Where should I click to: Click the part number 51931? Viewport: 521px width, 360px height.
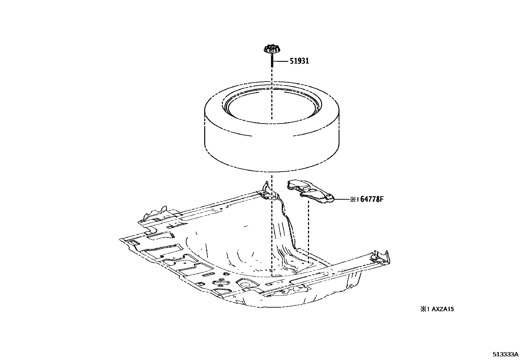[299, 61]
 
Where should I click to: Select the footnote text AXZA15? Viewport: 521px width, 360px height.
[442, 309]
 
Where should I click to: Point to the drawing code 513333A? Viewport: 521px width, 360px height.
[506, 354]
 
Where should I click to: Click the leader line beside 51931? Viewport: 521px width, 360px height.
[281, 61]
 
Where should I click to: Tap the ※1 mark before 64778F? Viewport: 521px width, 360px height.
[353, 199]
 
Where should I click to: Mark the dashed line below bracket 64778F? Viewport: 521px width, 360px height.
[309, 229]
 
